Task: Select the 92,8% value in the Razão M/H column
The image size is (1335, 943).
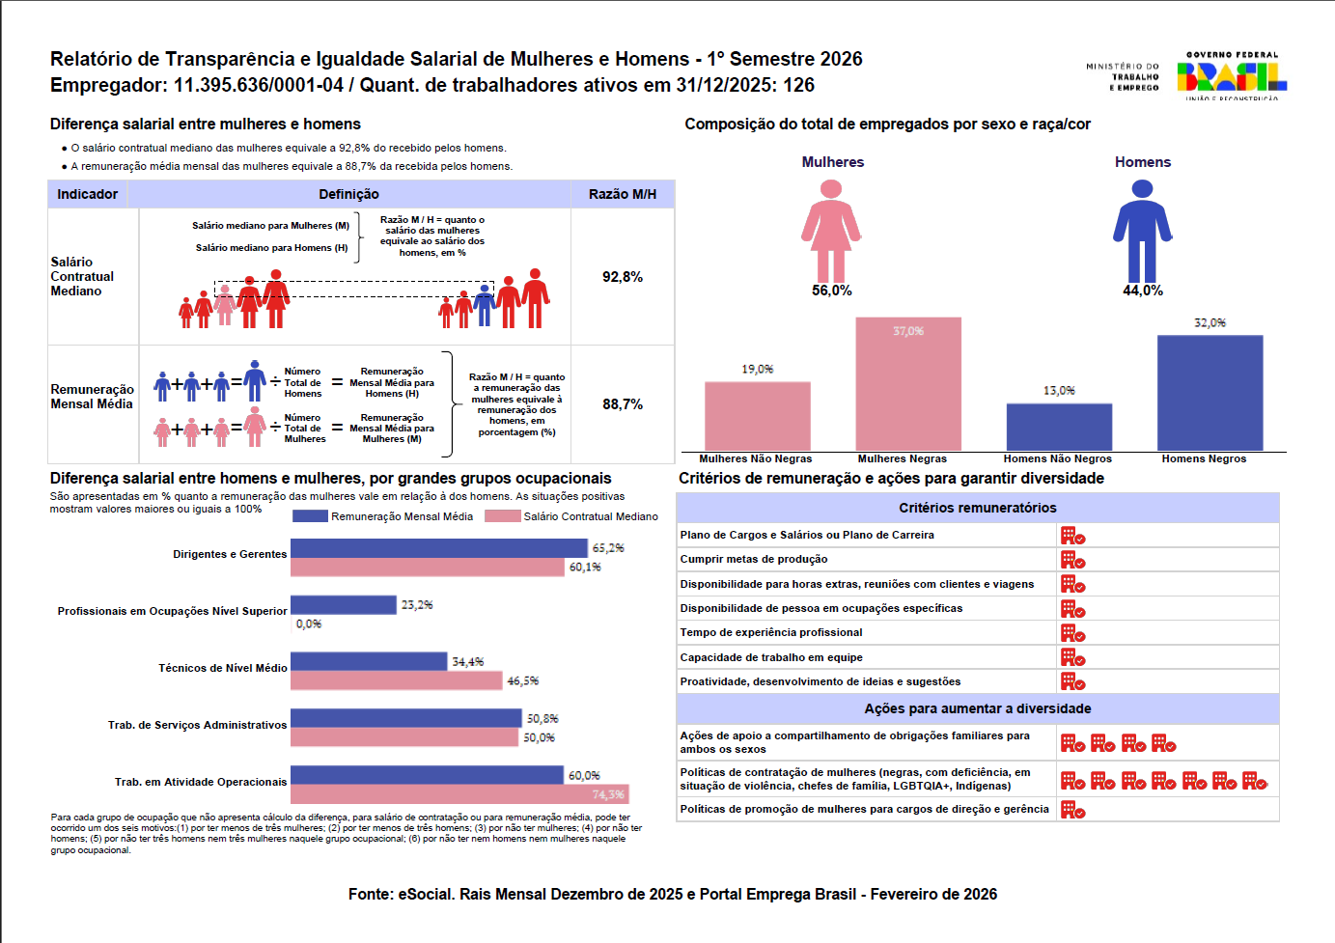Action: point(623,277)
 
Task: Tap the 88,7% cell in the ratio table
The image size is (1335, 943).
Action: point(623,404)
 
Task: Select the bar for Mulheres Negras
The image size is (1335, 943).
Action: point(908,384)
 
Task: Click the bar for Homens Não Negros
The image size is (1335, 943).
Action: point(1059,427)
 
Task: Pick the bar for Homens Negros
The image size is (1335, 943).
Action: point(1210,393)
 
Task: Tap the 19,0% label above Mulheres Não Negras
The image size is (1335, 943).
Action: point(758,369)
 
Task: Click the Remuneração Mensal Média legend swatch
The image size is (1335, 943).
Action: point(310,516)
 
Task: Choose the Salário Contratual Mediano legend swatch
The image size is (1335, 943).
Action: point(503,516)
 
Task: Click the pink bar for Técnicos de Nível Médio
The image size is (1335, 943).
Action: point(397,680)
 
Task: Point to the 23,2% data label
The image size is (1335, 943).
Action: point(417,605)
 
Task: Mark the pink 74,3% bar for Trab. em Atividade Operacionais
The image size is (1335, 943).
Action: point(459,794)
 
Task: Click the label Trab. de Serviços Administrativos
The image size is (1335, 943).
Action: point(197,725)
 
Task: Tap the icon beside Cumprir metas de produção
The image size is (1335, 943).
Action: point(1072,560)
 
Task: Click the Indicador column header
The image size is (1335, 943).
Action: point(87,194)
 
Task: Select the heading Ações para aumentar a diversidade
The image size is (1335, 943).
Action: point(978,708)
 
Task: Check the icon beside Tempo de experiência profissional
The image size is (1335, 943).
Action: point(1072,633)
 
